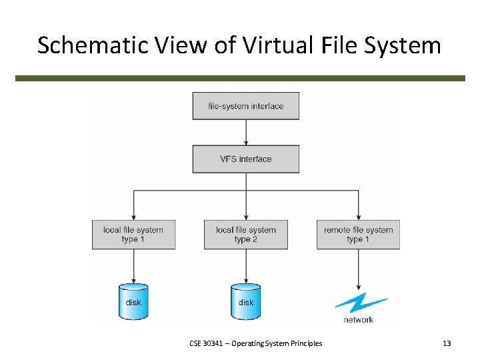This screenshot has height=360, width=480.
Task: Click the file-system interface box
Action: [x=245, y=106]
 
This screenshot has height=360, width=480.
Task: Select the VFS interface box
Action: [x=245, y=159]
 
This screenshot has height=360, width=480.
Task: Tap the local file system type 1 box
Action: [x=133, y=235]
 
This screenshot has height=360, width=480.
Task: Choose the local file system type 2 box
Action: [x=245, y=235]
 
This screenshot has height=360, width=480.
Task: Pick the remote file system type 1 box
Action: [x=358, y=235]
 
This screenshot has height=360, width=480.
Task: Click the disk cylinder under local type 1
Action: [x=133, y=301]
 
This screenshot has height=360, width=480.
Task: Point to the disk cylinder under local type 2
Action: [x=245, y=301]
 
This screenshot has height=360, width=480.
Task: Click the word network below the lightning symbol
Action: [x=359, y=320]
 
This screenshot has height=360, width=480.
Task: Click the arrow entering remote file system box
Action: [x=359, y=207]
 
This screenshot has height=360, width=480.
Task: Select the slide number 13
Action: [x=447, y=343]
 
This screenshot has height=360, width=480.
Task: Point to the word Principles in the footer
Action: [x=305, y=343]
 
